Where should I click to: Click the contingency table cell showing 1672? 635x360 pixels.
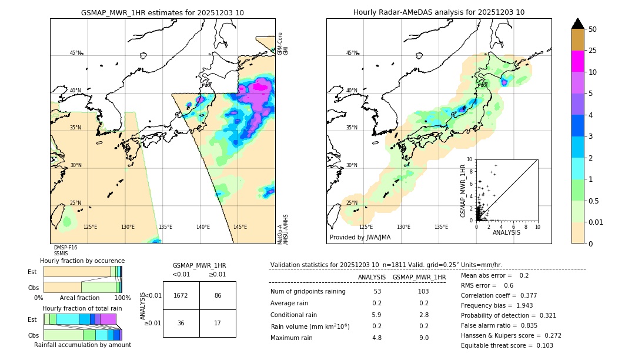[181, 295]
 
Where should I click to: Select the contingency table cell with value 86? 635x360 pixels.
[218, 295]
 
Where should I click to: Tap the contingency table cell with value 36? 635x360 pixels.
[181, 323]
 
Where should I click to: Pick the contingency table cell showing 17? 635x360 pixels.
[218, 323]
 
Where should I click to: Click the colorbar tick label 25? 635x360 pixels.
[593, 51]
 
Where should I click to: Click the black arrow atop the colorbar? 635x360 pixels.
[578, 24]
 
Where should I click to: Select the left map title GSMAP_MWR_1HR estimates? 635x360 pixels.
[162, 12]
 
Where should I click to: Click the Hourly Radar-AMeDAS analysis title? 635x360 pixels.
[439, 12]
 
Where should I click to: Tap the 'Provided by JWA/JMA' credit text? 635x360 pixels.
[360, 238]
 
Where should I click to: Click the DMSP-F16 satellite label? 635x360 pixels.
[65, 248]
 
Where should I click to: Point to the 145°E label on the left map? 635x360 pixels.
[240, 227]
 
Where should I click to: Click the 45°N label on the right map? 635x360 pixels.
[352, 54]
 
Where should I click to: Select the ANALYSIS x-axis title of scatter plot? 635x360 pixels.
[507, 232]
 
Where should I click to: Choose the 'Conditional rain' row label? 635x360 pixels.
[294, 315]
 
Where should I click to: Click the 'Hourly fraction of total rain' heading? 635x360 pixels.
[82, 308]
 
